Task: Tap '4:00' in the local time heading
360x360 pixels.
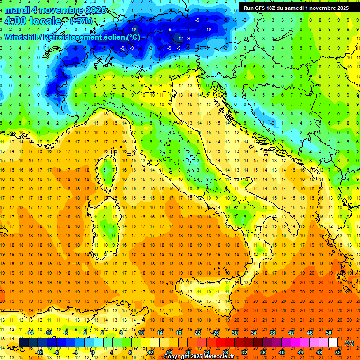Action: pos(15,21)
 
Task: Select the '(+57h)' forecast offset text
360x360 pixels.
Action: pos(81,22)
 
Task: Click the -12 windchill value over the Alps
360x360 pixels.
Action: pos(179,38)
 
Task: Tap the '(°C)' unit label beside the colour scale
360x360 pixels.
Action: pos(349,343)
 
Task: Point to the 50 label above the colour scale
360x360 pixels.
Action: pos(329,333)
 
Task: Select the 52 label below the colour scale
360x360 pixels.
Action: pos(337,352)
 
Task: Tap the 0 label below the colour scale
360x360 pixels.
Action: pos(93,352)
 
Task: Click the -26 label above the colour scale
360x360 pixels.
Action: pos(215,333)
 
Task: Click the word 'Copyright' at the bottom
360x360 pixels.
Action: pos(177,357)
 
